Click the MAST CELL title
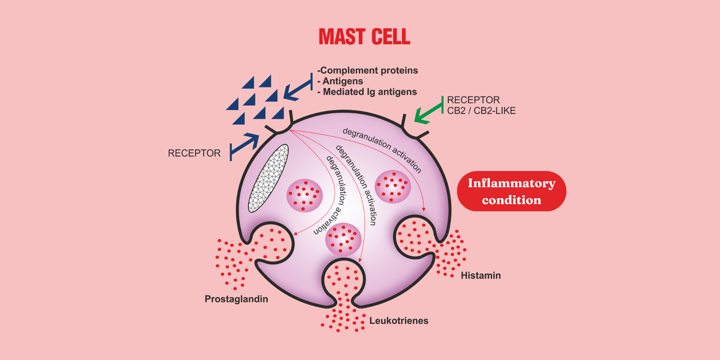click(x=364, y=37)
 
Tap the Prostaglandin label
click(x=236, y=299)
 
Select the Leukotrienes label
click(x=399, y=320)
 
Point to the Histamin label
click(x=481, y=275)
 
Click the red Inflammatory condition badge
click(x=512, y=191)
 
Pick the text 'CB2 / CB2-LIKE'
click(x=481, y=111)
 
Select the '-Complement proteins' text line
click(x=368, y=70)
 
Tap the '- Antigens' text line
click(x=340, y=81)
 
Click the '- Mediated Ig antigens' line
click(x=367, y=92)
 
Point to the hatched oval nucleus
click(x=269, y=178)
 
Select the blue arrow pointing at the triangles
click(x=297, y=90)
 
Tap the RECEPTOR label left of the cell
click(x=194, y=153)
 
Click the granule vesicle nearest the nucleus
click(x=305, y=195)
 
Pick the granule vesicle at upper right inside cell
click(x=393, y=186)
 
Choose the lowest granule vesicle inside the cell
click(x=343, y=239)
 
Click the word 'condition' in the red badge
click(x=512, y=200)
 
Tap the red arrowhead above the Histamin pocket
click(x=424, y=209)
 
